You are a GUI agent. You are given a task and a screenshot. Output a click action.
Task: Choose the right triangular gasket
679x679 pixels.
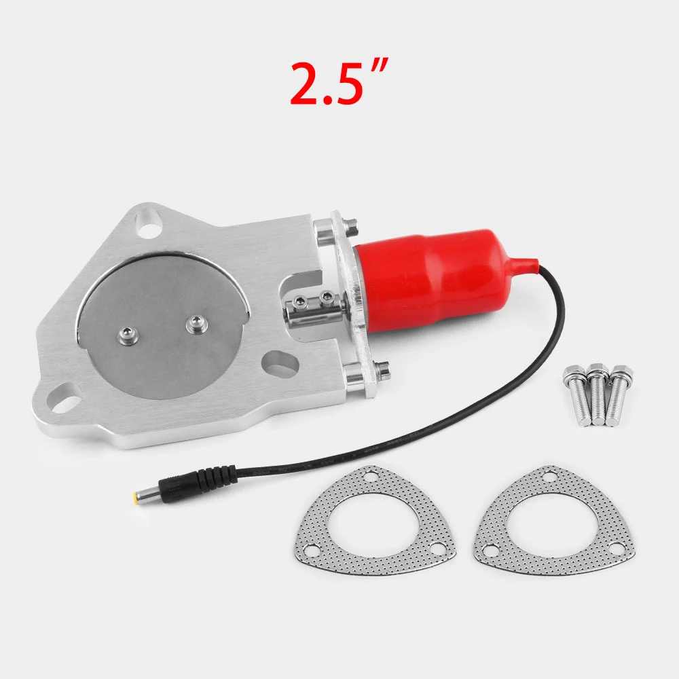(x=554, y=521)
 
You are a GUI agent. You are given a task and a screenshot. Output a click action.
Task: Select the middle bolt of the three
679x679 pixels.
(x=598, y=394)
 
